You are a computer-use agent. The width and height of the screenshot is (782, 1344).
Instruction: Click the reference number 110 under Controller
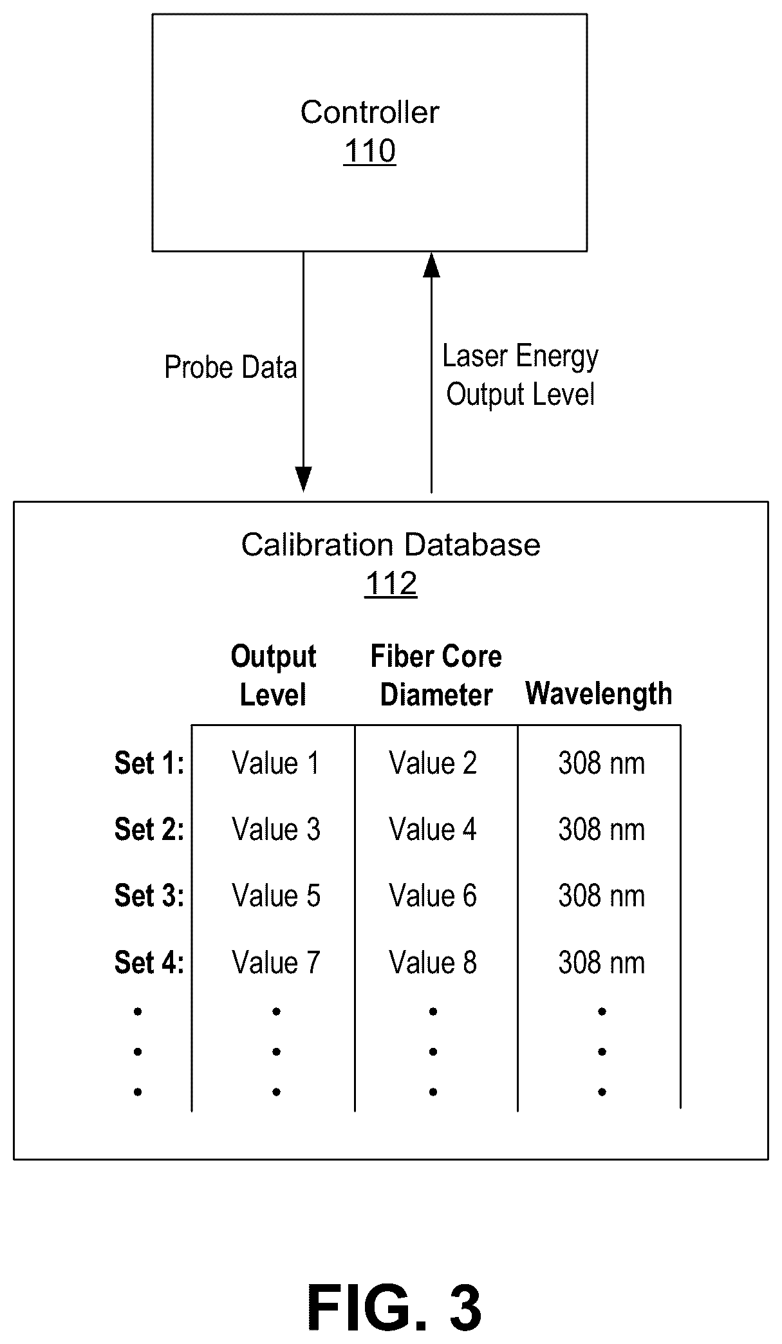tap(369, 151)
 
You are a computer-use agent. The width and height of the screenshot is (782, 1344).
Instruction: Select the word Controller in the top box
tap(369, 113)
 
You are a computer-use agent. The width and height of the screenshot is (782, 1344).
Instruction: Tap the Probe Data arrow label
tap(230, 368)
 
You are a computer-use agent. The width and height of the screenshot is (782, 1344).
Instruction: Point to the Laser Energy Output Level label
tap(520, 375)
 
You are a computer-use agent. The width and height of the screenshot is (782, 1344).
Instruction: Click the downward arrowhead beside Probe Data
tap(303, 479)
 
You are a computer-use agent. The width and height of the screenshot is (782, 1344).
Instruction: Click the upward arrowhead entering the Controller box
tap(431, 265)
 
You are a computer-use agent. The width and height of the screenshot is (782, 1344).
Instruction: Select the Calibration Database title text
tap(391, 545)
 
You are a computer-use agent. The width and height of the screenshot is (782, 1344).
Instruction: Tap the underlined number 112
tap(391, 584)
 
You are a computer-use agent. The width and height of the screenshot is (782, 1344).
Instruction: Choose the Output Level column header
tap(274, 676)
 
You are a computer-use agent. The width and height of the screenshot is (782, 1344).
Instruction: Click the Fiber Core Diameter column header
tap(436, 676)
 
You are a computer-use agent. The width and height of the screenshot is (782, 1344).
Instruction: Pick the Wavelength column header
tap(599, 694)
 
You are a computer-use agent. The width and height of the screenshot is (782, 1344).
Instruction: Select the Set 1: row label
tap(149, 763)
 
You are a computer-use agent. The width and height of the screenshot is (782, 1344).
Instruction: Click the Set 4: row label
tap(149, 963)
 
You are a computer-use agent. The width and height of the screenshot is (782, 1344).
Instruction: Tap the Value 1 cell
tap(276, 763)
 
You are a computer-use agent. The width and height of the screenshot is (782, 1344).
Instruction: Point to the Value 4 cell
tap(433, 830)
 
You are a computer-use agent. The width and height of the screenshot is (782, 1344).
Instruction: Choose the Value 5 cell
tap(276, 896)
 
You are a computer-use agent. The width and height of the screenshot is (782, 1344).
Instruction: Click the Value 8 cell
tap(433, 963)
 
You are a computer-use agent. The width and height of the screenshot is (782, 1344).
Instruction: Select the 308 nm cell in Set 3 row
tap(602, 896)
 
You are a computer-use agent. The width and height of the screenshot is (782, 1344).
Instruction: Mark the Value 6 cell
tap(433, 896)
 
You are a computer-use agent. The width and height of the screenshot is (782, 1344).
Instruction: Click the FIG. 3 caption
tap(395, 1308)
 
